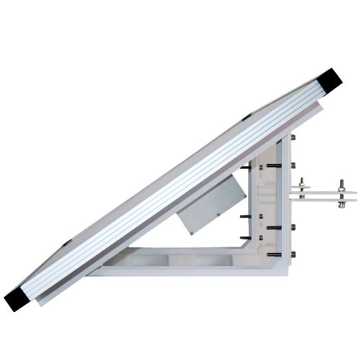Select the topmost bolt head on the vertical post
(293, 139)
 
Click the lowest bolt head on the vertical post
(293, 255)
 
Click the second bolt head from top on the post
(293, 165)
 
